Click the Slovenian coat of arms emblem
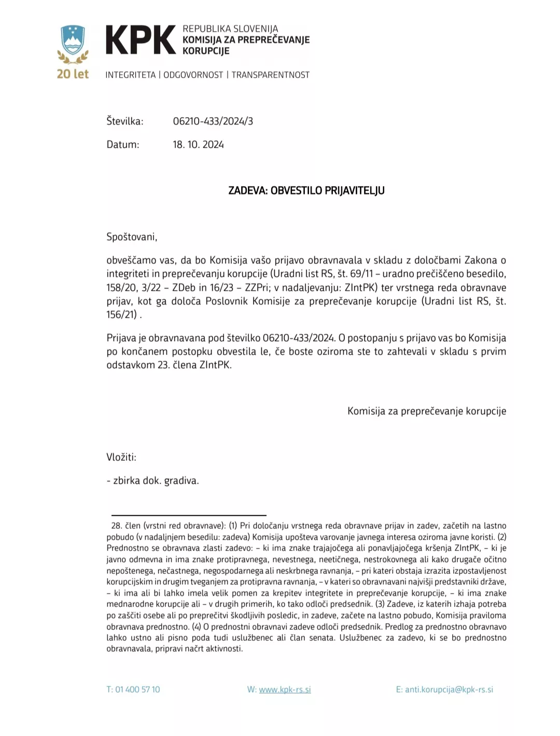click(73, 40)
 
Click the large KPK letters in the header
click(141, 40)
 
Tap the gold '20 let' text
click(73, 74)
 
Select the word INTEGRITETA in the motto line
click(130, 75)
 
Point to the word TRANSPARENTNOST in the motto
click(270, 75)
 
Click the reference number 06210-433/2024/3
click(213, 121)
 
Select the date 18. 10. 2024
click(198, 145)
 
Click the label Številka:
click(124, 121)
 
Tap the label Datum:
click(122, 145)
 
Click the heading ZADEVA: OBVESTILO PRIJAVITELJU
click(306, 190)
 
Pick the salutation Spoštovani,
click(132, 237)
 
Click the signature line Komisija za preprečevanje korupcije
click(426, 411)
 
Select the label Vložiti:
click(121, 457)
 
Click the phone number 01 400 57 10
click(137, 689)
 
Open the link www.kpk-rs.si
click(285, 689)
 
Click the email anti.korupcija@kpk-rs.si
click(449, 689)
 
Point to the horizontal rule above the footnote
click(189, 515)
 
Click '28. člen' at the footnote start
click(125, 526)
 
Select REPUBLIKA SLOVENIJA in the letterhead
click(230, 29)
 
